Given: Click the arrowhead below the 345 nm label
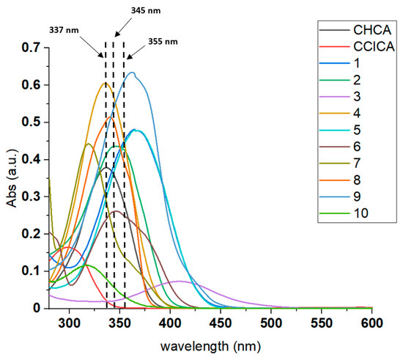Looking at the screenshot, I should [x=116, y=37].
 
